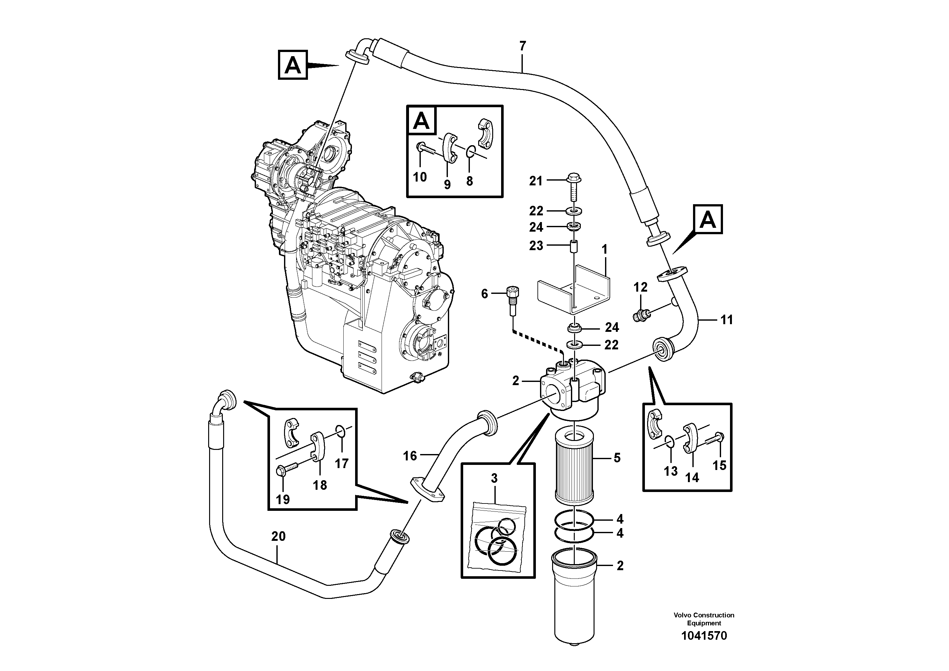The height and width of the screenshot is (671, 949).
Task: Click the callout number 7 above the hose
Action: click(x=522, y=46)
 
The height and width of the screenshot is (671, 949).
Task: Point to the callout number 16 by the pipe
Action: click(x=410, y=456)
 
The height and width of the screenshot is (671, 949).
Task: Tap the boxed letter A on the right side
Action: click(x=708, y=219)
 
